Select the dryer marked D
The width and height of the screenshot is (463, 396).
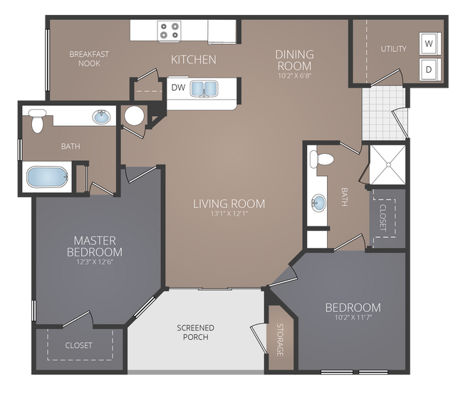coord(429,70)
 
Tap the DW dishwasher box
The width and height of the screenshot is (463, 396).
coord(178,88)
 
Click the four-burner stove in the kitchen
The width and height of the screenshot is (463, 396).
coord(169,31)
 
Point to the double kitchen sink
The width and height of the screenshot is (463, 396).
coord(204,89)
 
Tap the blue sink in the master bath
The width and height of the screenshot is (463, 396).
coord(102,115)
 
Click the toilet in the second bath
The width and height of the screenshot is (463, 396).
coord(324,158)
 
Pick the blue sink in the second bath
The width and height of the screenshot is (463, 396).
coord(317,204)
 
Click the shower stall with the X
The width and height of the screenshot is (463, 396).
coord(387,164)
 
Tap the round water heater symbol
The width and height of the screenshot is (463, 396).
coord(134,115)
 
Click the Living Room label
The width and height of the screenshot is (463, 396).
coord(229,204)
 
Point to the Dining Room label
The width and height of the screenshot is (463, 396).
coord(295,60)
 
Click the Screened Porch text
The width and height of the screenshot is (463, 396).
coord(195,333)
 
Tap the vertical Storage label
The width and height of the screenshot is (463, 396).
coord(280,341)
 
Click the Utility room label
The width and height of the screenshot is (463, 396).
coord(393,49)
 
